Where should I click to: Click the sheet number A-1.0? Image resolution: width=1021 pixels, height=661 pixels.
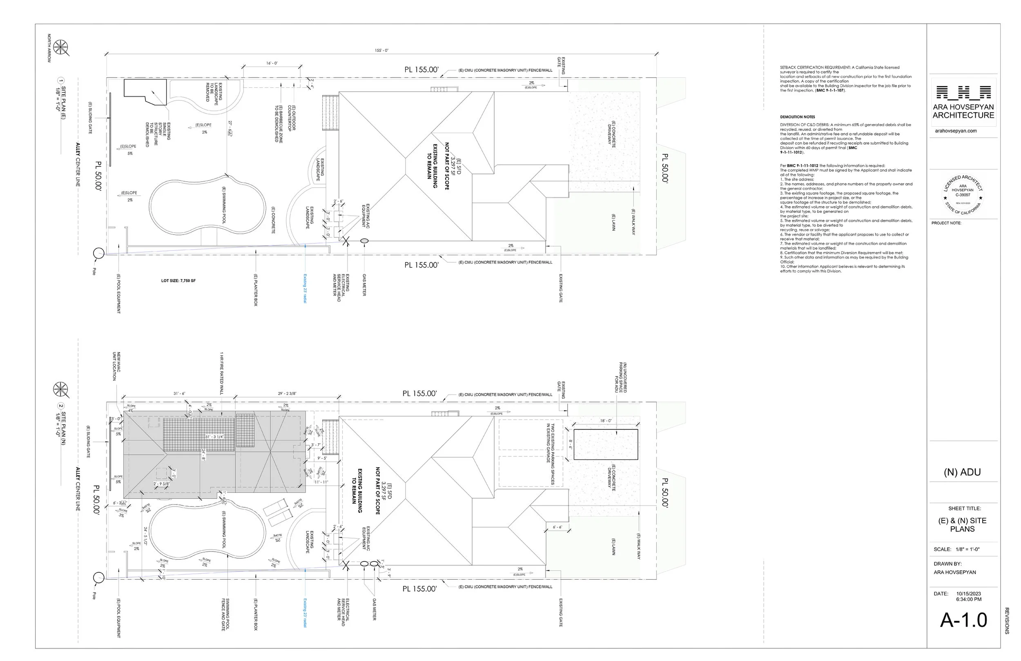pos(963,620)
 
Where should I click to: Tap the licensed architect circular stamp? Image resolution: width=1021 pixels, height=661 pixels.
pos(963,195)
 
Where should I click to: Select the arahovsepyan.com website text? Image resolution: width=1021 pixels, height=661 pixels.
pos(956,131)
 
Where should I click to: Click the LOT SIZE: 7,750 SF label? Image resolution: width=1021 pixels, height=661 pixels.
pos(178,281)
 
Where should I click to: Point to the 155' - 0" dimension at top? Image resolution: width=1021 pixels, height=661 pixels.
pos(381,51)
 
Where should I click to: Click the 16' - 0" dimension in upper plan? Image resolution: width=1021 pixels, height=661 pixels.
pos(272,63)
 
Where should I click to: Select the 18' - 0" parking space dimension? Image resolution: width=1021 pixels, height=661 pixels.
pos(606,421)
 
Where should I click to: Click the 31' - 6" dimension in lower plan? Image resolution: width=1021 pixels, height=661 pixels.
pos(179,393)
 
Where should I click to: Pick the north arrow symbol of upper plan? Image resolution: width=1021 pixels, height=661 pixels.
pos(61,47)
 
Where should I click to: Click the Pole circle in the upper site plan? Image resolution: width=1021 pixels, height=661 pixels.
pos(99,253)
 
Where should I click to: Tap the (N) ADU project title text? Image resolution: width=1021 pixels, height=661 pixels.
pos(962,472)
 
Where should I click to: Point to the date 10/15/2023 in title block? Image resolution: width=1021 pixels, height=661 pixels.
pos(969,594)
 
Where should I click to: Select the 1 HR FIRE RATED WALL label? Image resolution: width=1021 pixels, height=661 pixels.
pos(222,373)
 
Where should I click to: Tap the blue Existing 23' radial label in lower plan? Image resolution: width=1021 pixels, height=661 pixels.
pos(305,613)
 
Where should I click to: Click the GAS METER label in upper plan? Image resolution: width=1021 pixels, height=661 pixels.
pos(364,285)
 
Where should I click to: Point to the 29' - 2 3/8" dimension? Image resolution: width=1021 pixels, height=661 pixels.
pos(287,393)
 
